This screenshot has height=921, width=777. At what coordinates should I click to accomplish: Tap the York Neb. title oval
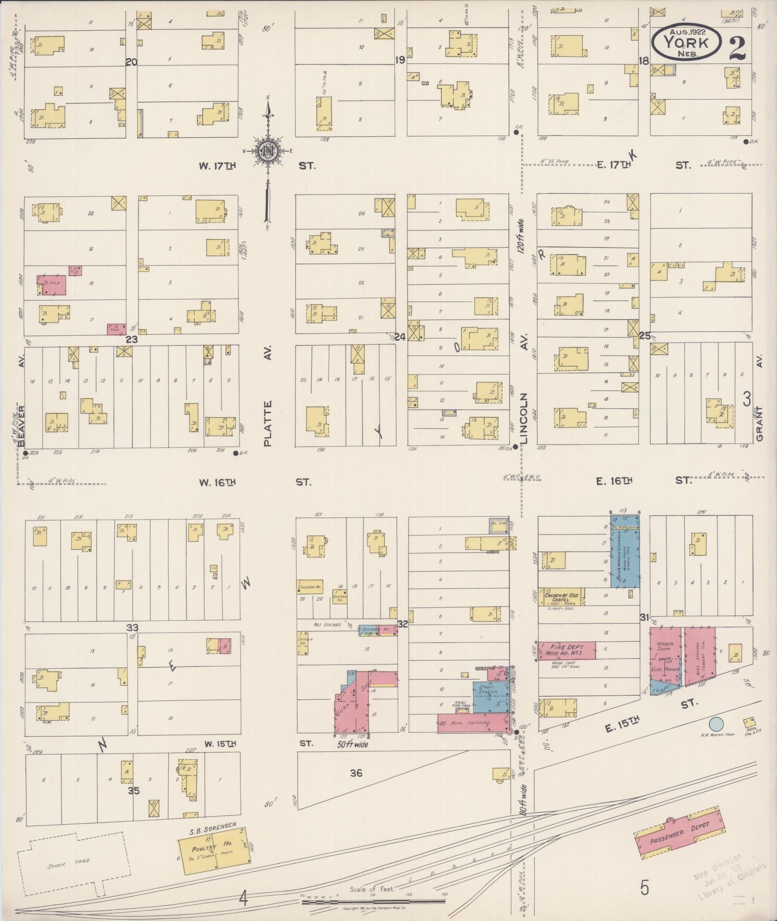tap(685, 42)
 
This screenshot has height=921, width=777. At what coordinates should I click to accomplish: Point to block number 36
tap(356, 773)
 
